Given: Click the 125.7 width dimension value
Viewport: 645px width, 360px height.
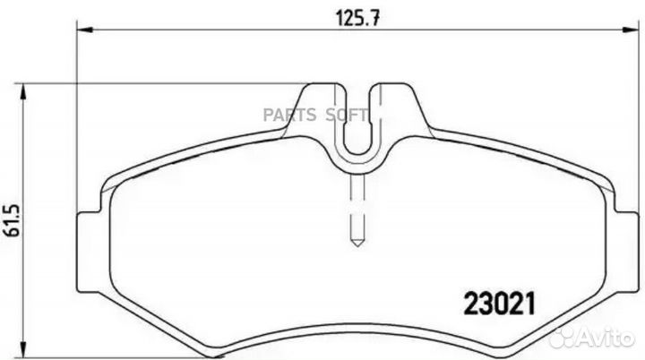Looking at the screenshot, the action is [357, 18].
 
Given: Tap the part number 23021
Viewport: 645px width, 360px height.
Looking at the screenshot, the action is [500, 304].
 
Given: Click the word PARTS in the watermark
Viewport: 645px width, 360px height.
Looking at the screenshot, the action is [289, 116].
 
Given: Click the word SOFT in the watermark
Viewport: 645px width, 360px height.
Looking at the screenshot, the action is [347, 116].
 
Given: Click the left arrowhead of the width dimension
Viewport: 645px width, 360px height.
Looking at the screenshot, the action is [86, 30].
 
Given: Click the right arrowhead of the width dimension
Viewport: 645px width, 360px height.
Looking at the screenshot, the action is [631, 30].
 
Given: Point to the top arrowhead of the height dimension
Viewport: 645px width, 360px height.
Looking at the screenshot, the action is [23, 91].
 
